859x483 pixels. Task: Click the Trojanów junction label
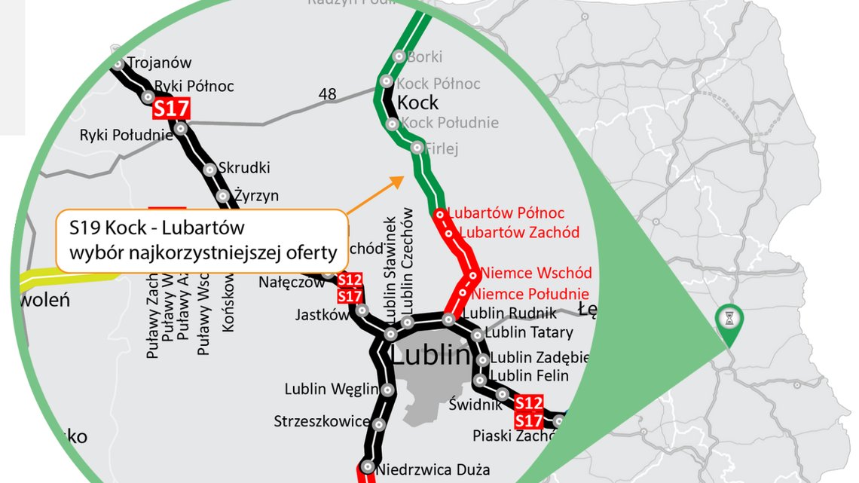159,63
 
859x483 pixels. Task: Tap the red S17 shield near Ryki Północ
171,108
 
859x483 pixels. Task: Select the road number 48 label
328,94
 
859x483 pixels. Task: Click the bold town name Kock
417,102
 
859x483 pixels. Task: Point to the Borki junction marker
399,57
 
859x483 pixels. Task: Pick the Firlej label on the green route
442,148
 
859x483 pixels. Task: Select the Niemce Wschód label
536,273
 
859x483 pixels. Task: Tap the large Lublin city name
430,355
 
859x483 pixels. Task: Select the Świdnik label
475,405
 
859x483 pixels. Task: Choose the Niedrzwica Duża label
433,470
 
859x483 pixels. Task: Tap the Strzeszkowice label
322,421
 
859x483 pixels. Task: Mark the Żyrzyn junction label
256,196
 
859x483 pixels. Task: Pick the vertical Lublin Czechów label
408,260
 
